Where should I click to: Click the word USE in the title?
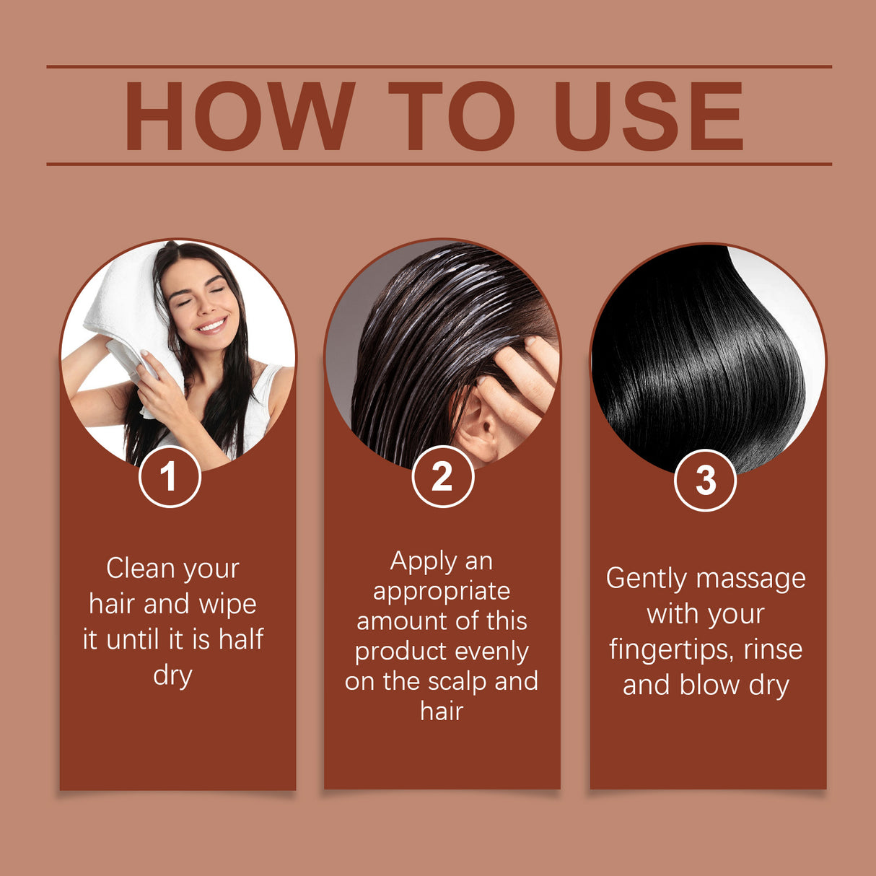click(x=648, y=116)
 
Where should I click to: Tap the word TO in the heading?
click(x=452, y=116)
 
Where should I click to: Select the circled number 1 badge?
click(x=170, y=477)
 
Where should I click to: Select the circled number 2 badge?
click(x=442, y=477)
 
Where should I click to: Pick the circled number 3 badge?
click(x=705, y=481)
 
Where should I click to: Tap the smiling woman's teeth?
click(x=211, y=325)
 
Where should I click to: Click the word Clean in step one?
click(x=141, y=569)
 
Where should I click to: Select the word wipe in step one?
click(x=227, y=604)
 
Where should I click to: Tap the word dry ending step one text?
click(x=172, y=676)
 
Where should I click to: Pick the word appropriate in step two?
click(x=442, y=592)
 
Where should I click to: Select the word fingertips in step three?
click(x=665, y=650)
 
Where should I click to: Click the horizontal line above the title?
click(x=439, y=66)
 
